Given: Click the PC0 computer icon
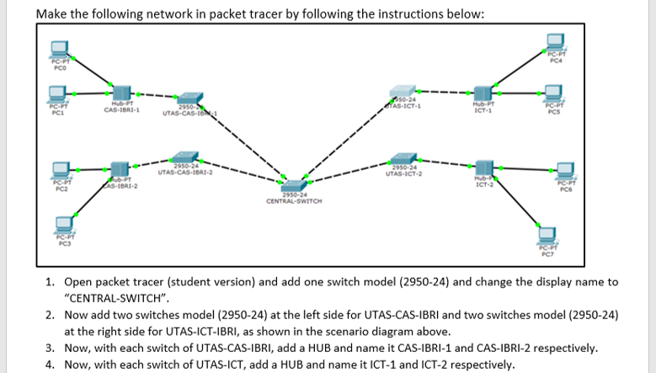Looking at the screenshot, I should pos(60,49).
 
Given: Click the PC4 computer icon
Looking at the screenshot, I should pos(554,43).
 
